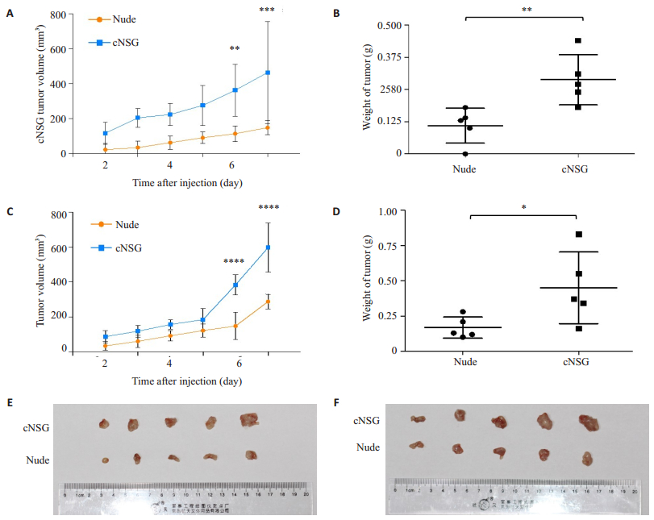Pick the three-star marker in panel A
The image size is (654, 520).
(268, 10)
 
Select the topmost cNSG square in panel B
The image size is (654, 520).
(578, 40)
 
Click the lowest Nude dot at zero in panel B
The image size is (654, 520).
(464, 153)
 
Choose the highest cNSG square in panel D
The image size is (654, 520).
(578, 235)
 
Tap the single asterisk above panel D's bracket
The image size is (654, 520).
(523, 207)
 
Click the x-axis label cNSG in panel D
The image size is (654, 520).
(577, 362)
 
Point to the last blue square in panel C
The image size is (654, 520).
(268, 248)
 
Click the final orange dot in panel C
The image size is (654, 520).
(268, 302)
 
